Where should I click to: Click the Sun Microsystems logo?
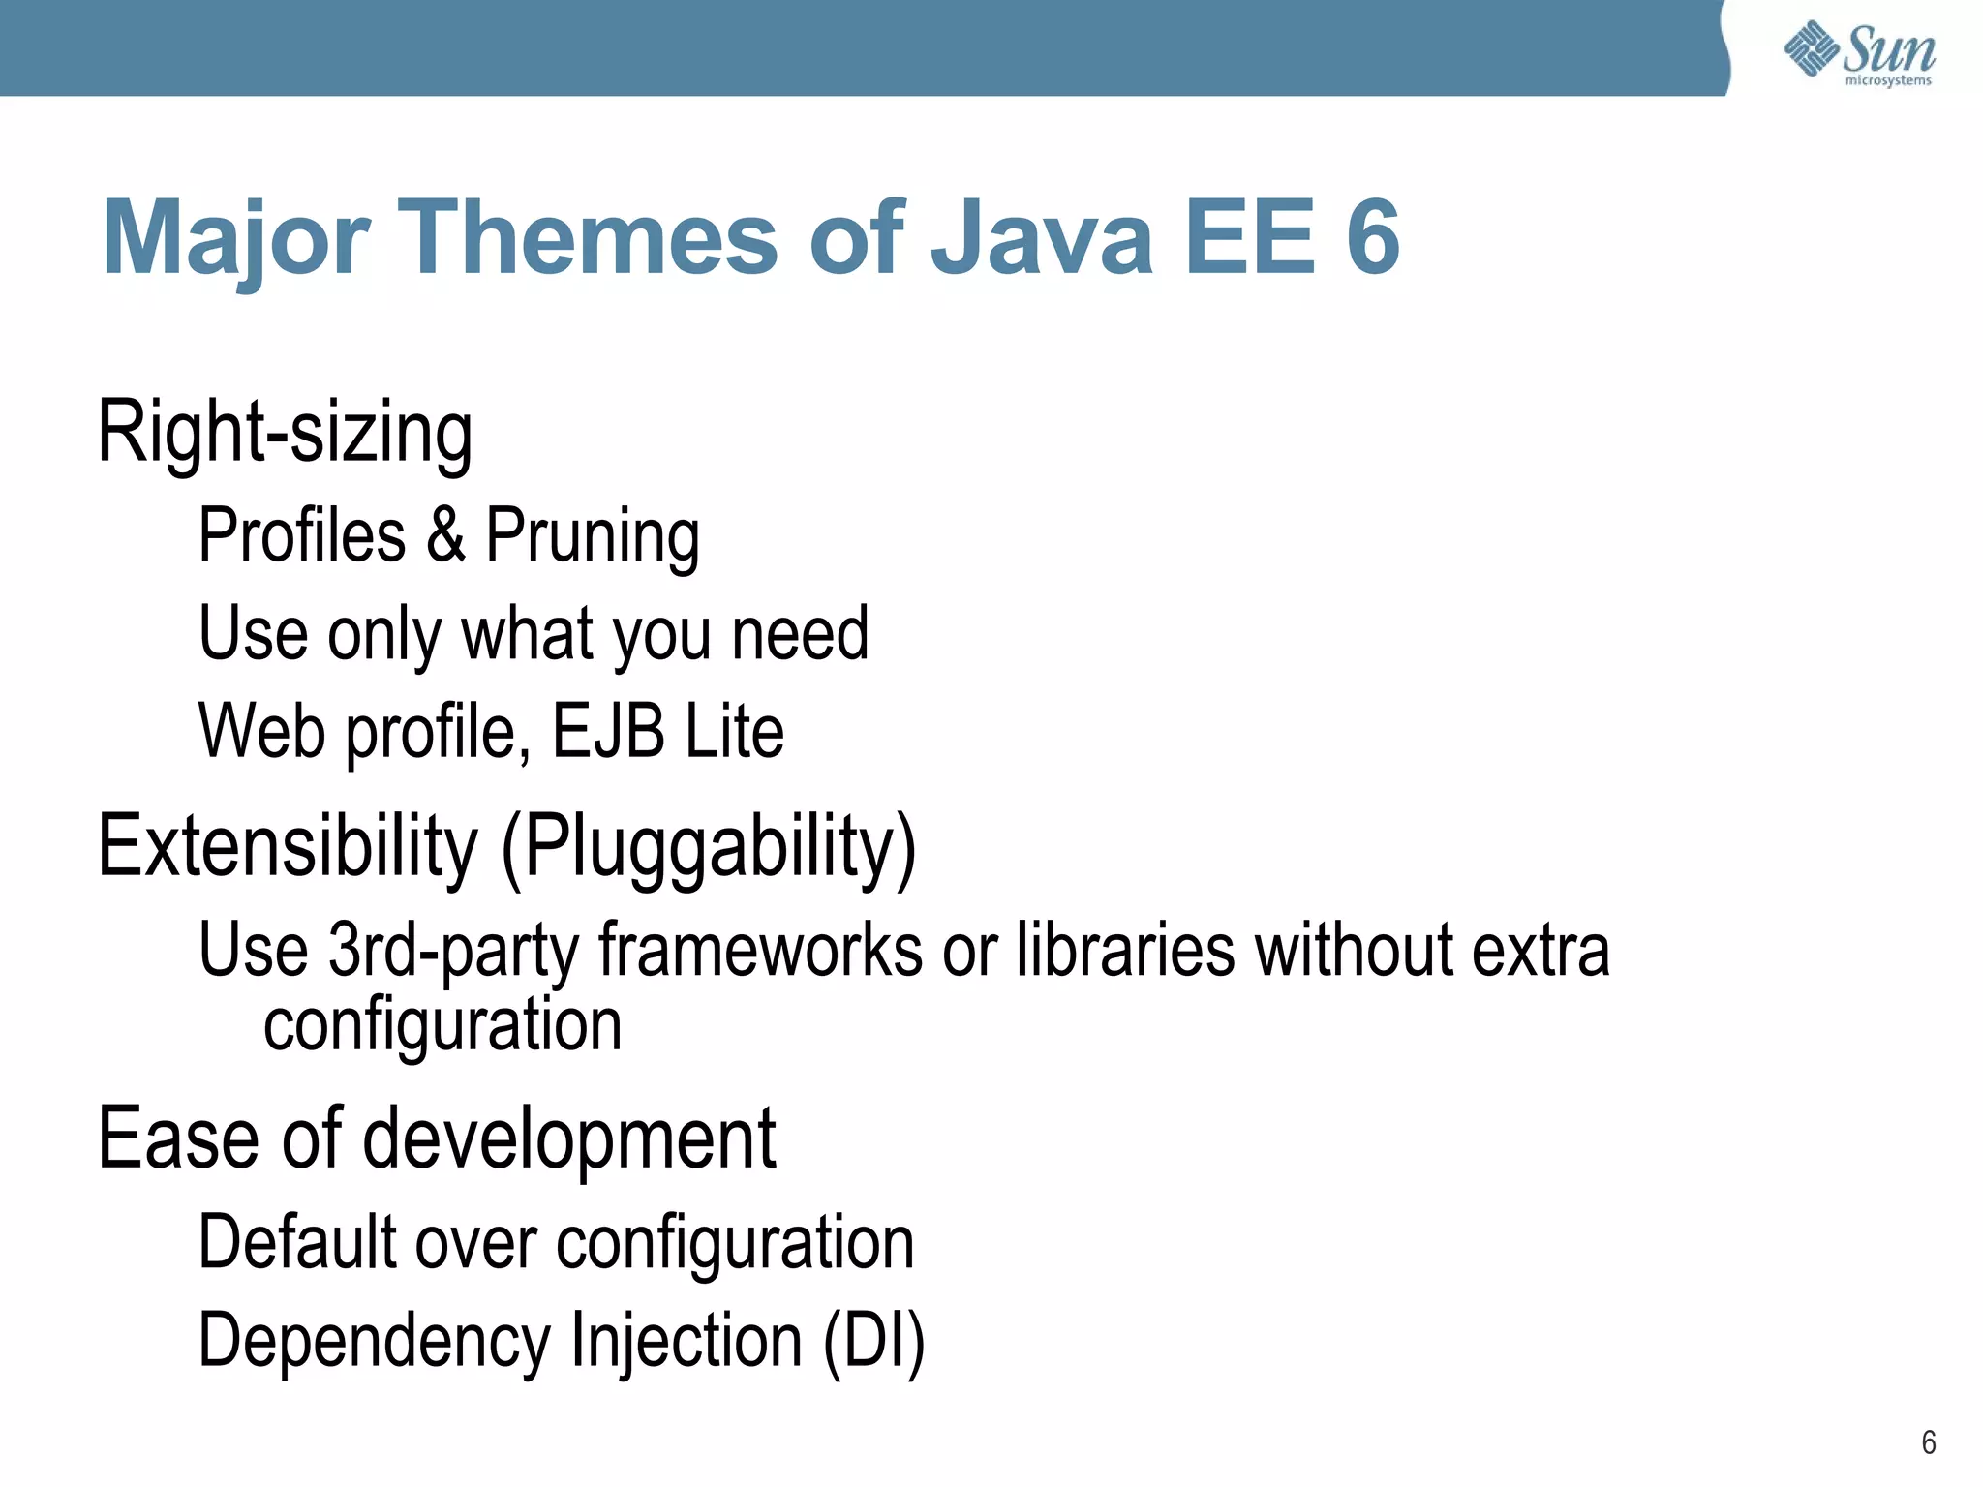(x=1859, y=53)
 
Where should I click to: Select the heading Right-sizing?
(x=286, y=432)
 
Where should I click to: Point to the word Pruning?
(x=593, y=536)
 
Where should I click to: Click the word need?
(x=800, y=634)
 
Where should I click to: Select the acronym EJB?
(x=608, y=731)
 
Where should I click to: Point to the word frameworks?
(x=760, y=951)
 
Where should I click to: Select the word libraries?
(x=1125, y=951)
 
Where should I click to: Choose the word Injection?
(x=686, y=1341)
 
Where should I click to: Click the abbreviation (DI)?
(x=874, y=1341)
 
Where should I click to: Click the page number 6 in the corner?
(x=1928, y=1443)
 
